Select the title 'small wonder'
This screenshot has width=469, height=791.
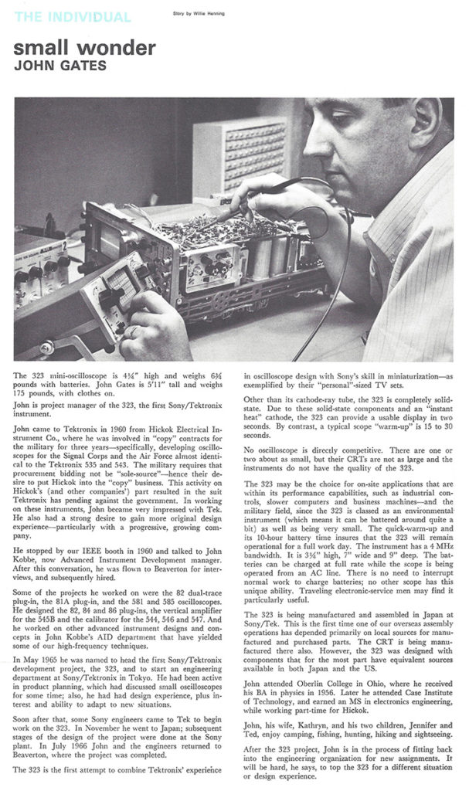[x=85, y=48]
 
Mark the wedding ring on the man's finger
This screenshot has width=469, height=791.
[x=133, y=331]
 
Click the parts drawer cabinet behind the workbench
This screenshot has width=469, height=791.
[x=236, y=158]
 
